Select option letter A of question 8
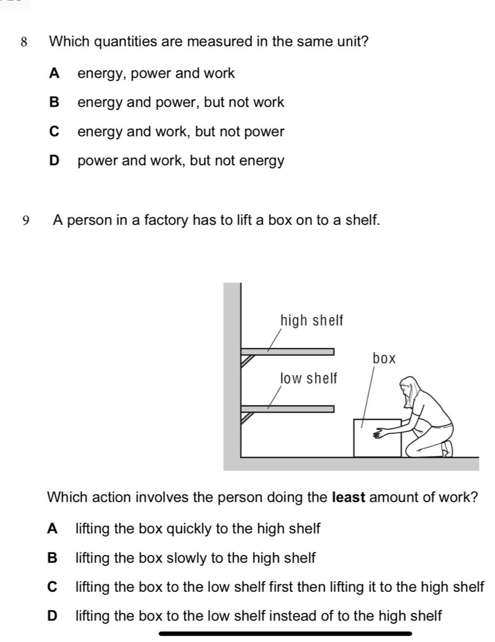(x=55, y=74)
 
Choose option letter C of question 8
(x=55, y=132)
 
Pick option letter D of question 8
(x=55, y=161)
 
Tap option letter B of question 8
(x=55, y=103)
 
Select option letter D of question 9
(x=53, y=616)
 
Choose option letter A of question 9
(x=53, y=529)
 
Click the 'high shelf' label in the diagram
(x=311, y=321)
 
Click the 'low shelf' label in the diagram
(x=308, y=379)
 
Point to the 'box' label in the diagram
(x=384, y=358)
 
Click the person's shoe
(x=448, y=448)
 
